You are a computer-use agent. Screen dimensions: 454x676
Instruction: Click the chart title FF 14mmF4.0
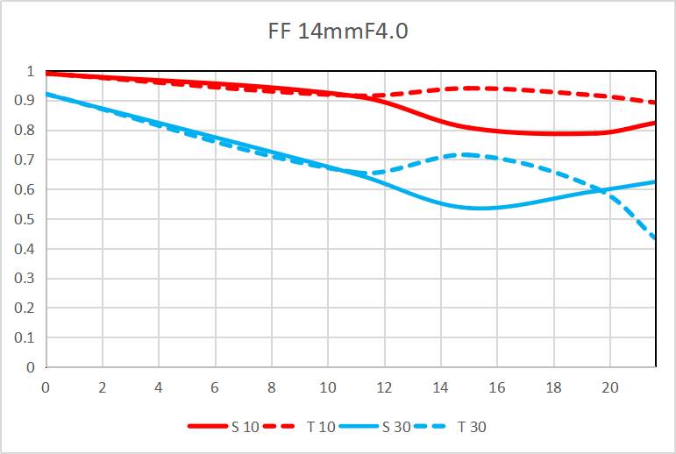click(x=338, y=32)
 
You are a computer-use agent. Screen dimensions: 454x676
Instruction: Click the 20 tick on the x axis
click(x=610, y=386)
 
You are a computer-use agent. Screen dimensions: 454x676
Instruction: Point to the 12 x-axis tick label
click(x=385, y=386)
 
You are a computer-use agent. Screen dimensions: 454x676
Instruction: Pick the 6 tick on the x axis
click(x=216, y=386)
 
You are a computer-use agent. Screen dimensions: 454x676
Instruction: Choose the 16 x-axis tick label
click(x=497, y=386)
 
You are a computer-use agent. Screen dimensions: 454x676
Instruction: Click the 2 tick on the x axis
click(x=103, y=386)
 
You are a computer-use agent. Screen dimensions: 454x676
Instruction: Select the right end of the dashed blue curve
click(x=654, y=238)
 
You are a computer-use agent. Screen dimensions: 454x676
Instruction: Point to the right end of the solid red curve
click(x=654, y=123)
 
